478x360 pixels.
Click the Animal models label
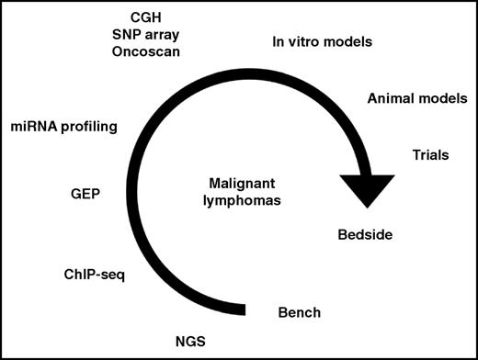pos(416,98)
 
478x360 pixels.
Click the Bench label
pos(299,313)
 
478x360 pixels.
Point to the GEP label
pos(85,195)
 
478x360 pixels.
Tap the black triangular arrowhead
pos(378,189)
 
